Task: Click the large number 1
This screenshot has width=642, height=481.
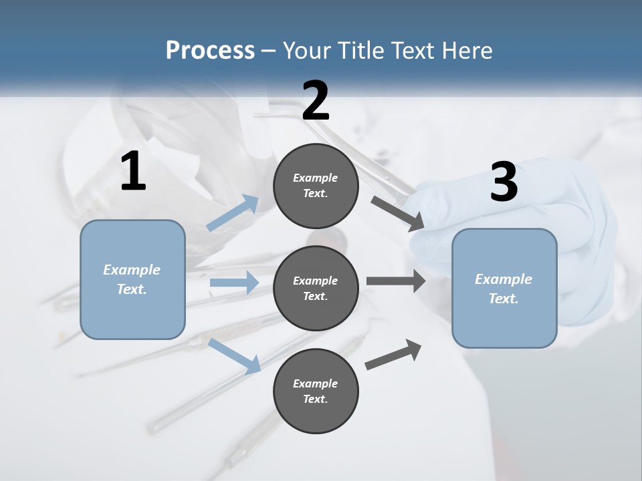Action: coord(133,172)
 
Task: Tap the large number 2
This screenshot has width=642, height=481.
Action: coord(316,101)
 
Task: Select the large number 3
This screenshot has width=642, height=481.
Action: coord(504,182)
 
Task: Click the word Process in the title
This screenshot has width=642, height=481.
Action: coord(210,50)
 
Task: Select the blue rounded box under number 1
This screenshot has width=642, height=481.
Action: coord(132,279)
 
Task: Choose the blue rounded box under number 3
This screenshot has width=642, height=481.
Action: coord(504,288)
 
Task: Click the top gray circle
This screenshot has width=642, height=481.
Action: coord(316,186)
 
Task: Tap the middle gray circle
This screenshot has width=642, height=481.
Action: coord(316,288)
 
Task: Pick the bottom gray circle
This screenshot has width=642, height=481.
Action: coord(316,391)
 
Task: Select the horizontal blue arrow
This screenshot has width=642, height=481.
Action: coord(234,283)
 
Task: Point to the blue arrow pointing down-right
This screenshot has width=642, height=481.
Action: coord(235,355)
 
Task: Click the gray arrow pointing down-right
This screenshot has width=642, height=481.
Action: coord(397,212)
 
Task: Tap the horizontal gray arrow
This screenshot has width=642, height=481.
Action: coord(396,281)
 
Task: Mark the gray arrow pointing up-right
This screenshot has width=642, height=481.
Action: coord(394,355)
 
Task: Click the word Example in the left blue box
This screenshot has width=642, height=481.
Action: coord(132,270)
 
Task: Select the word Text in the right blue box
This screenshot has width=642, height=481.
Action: coord(503,299)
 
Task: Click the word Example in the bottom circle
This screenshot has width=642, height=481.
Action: coord(315,383)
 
